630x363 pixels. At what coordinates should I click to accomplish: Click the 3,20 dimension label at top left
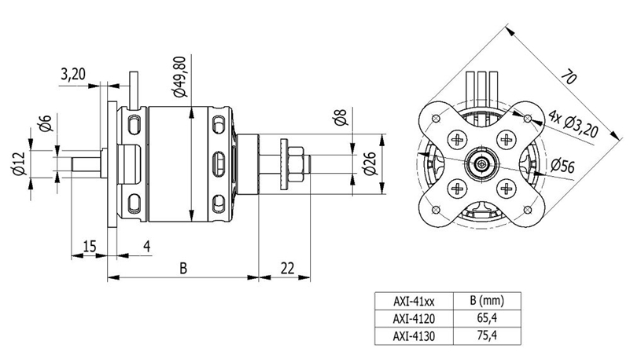[x=72, y=75]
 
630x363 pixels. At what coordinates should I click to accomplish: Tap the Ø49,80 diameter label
[x=180, y=76]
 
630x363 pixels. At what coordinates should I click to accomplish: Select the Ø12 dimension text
[x=19, y=163]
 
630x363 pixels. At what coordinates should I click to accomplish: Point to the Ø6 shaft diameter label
[x=46, y=123]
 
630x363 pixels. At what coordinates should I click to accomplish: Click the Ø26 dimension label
[x=369, y=163]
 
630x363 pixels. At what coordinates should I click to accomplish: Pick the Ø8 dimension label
[x=341, y=116]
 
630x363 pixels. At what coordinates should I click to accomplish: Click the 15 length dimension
[x=90, y=246]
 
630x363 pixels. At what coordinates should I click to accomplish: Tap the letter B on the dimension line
[x=183, y=267]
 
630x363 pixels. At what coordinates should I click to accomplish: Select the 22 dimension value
[x=287, y=267]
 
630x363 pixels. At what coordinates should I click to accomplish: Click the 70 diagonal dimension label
[x=569, y=76]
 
